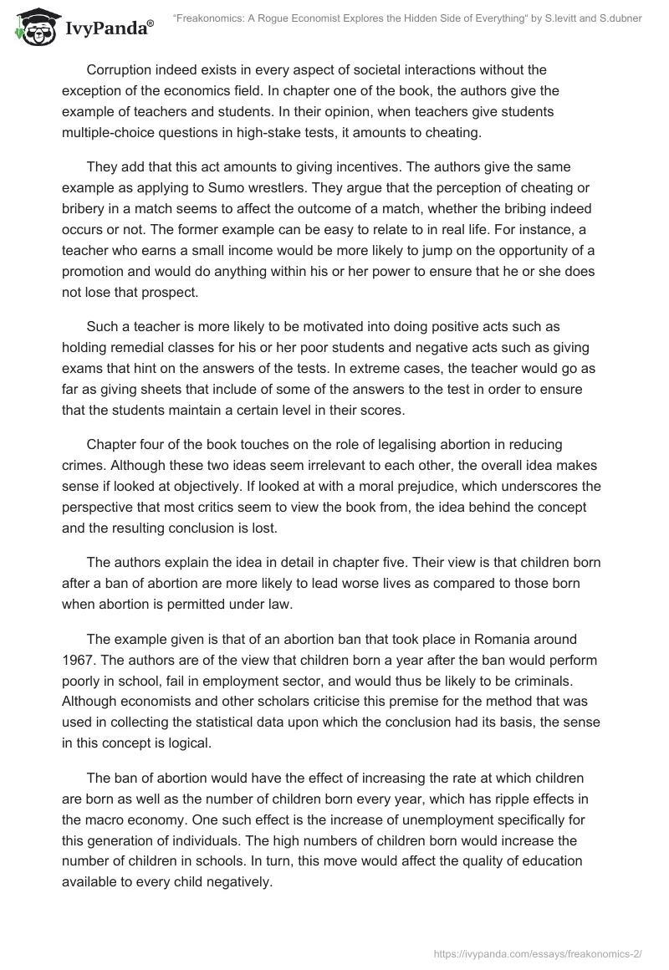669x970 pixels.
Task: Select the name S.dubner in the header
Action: [x=618, y=19]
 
